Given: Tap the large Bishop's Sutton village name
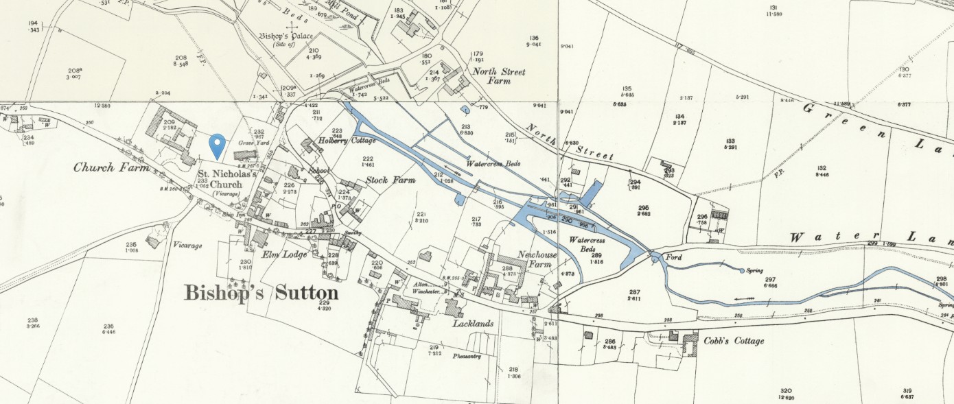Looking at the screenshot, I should click(x=261, y=292).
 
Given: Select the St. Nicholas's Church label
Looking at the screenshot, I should click(x=227, y=179).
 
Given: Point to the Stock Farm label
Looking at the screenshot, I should click(x=390, y=180).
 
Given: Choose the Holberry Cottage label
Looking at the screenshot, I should click(x=346, y=141).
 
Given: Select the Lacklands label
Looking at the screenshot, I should click(x=473, y=323).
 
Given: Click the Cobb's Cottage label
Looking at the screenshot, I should click(x=734, y=341).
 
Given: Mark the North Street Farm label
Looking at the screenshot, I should click(x=498, y=76).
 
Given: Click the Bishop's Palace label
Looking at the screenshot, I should click(x=286, y=36).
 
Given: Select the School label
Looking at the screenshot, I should click(x=319, y=170).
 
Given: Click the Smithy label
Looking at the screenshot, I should click(x=353, y=233).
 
